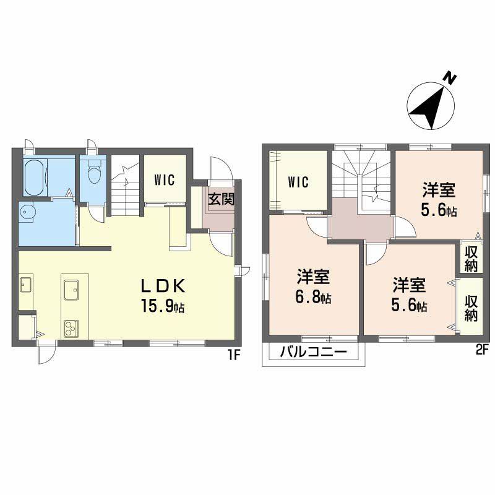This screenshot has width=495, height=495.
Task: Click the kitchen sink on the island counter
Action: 71,288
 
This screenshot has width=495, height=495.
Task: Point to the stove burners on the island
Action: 70,327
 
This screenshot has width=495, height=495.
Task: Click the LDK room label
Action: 162,285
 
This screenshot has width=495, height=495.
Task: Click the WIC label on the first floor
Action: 165,180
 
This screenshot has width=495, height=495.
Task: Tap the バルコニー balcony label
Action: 314,353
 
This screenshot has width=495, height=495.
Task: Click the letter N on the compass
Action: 451,79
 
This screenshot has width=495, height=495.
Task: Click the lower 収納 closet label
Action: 471,308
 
